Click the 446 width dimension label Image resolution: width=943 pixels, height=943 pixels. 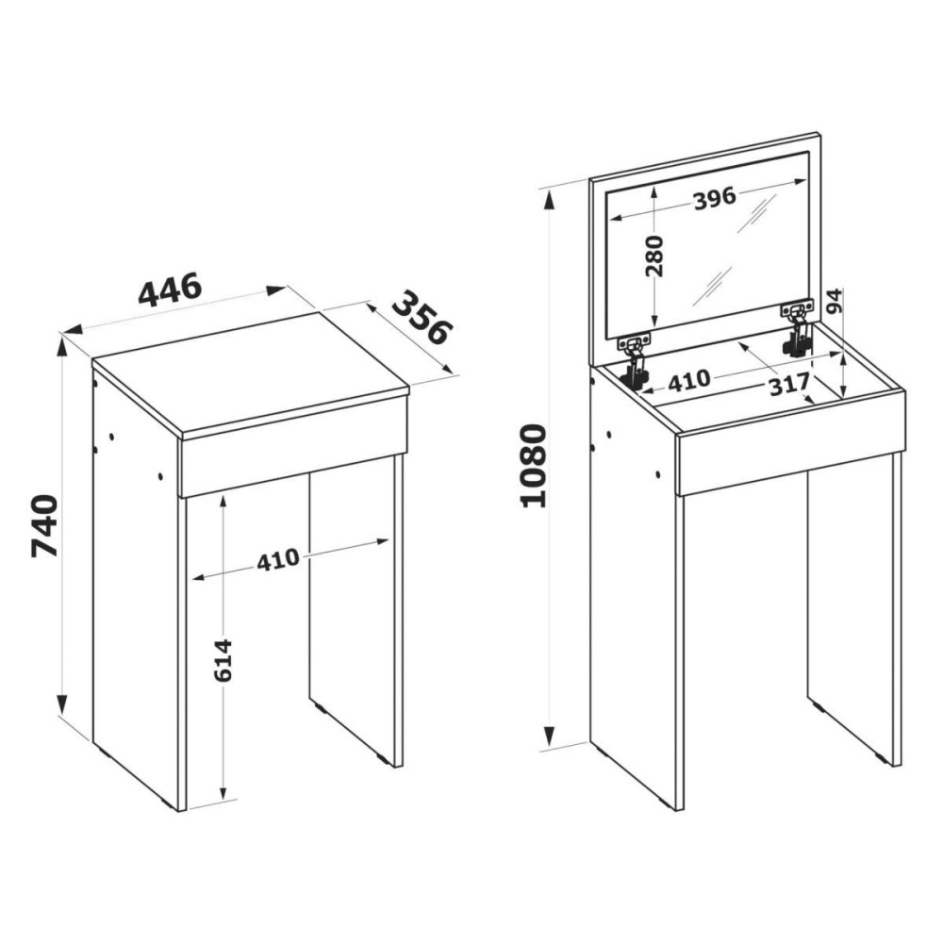click(x=169, y=290)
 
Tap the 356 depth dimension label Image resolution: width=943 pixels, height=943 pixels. click(x=422, y=318)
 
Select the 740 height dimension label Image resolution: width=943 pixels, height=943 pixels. click(x=44, y=525)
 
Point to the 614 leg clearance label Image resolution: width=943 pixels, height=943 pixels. click(x=223, y=660)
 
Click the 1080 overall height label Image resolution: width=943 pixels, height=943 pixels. click(x=534, y=466)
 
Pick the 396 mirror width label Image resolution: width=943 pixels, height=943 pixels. click(x=715, y=198)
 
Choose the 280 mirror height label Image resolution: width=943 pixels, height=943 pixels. click(x=654, y=256)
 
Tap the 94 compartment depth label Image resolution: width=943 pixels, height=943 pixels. click(x=835, y=301)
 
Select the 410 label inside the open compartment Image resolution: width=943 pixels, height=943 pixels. click(x=688, y=381)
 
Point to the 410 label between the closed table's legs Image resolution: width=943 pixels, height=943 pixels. click(x=278, y=559)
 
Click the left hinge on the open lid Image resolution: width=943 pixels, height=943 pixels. click(x=635, y=361)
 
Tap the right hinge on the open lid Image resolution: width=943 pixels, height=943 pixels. click(x=797, y=329)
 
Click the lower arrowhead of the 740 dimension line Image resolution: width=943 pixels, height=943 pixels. click(x=61, y=704)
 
